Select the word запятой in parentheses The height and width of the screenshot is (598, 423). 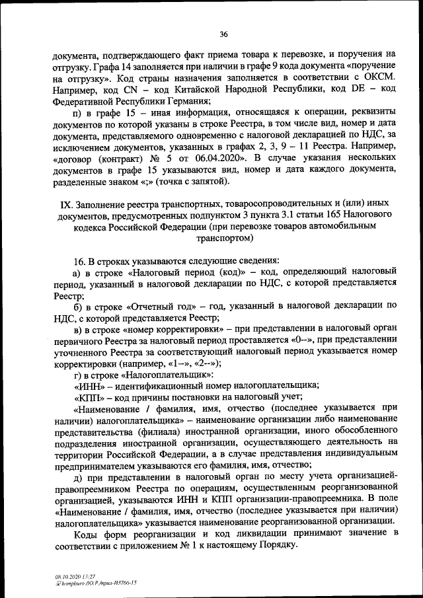pos(208,181)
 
